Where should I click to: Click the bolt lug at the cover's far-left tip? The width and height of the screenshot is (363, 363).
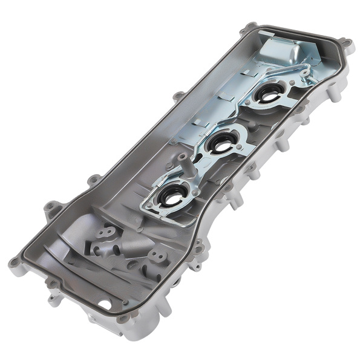tap(13, 262)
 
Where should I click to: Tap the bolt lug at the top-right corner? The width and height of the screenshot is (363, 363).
tap(346, 44)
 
